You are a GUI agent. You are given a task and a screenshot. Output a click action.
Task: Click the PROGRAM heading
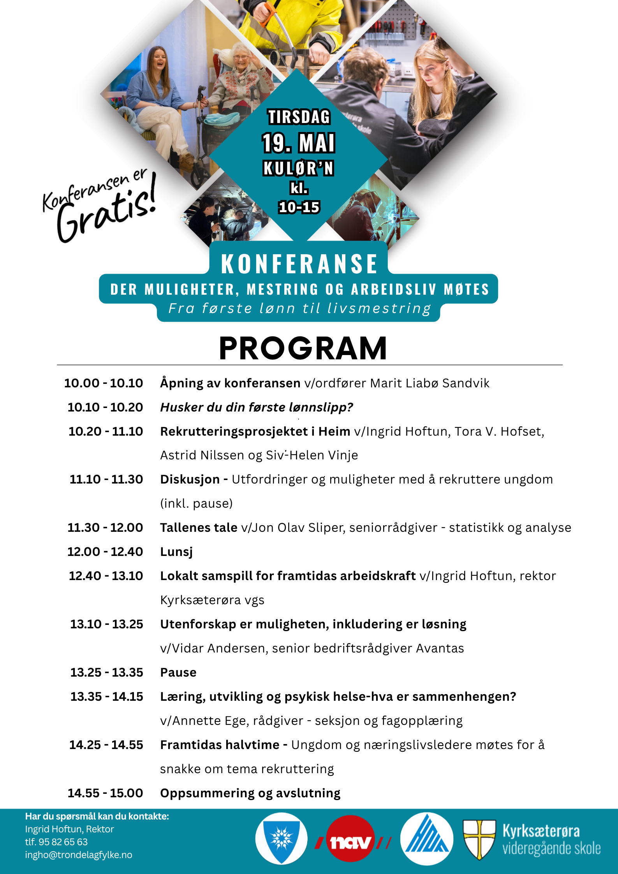303,348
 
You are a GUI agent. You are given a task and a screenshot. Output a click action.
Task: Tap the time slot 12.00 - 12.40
105,552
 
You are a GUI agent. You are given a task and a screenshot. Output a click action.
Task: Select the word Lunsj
176,552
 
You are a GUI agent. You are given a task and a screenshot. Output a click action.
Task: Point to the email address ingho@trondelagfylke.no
79,855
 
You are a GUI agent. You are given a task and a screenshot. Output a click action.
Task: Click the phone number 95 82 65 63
63,842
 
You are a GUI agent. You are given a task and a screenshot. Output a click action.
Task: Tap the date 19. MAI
298,143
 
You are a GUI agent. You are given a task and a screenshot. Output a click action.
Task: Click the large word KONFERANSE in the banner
299,264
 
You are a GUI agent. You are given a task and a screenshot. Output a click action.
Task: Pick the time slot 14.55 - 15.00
105,793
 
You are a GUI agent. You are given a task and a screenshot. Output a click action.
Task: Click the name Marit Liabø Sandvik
430,383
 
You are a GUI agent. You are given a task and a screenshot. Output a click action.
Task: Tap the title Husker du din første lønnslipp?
257,407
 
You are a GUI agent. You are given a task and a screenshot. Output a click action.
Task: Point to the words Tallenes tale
199,528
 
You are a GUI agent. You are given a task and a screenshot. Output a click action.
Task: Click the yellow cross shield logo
479,839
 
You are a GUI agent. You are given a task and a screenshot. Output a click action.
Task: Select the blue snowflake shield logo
281,839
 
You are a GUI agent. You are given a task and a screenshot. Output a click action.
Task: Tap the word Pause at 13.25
178,672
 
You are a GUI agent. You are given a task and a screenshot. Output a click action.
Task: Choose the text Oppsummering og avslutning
250,793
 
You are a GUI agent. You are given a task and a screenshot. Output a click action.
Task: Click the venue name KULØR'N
298,169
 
